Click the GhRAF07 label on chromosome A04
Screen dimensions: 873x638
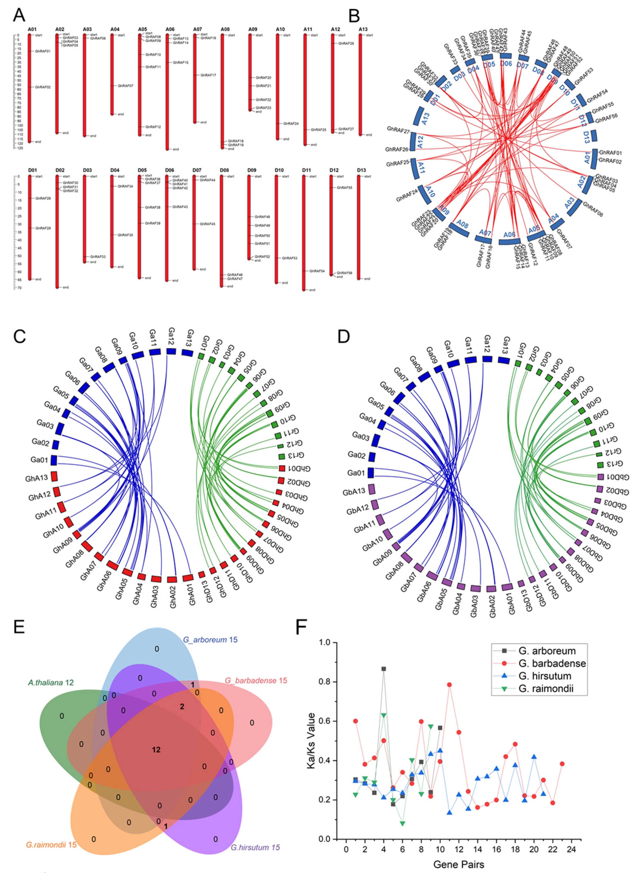(125, 86)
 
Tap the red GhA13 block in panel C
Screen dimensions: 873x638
(54, 476)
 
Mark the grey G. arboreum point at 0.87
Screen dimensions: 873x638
(384, 669)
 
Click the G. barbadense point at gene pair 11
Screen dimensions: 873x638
(449, 685)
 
